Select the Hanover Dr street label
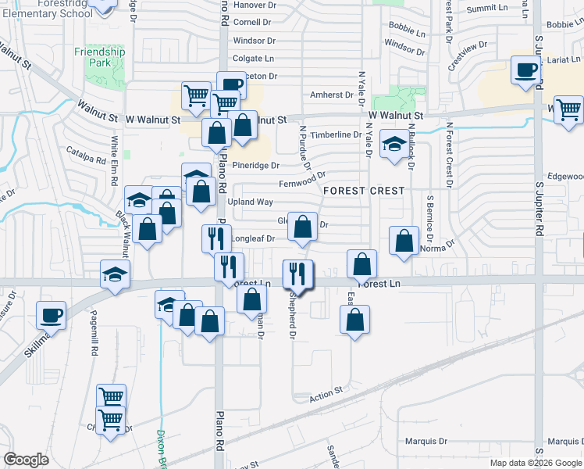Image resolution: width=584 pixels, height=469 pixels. coord(255,5)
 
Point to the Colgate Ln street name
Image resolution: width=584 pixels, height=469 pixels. coord(254,58)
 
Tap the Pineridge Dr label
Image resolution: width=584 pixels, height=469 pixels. coord(256,166)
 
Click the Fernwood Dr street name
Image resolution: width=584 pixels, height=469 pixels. coord(301,184)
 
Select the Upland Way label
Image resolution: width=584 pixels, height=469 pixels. coord(250,202)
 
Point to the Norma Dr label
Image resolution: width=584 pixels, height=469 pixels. coord(437,244)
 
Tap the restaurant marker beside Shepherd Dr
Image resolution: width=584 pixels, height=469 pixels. coord(297,274)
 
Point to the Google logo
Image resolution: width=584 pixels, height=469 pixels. coord(26,460)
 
